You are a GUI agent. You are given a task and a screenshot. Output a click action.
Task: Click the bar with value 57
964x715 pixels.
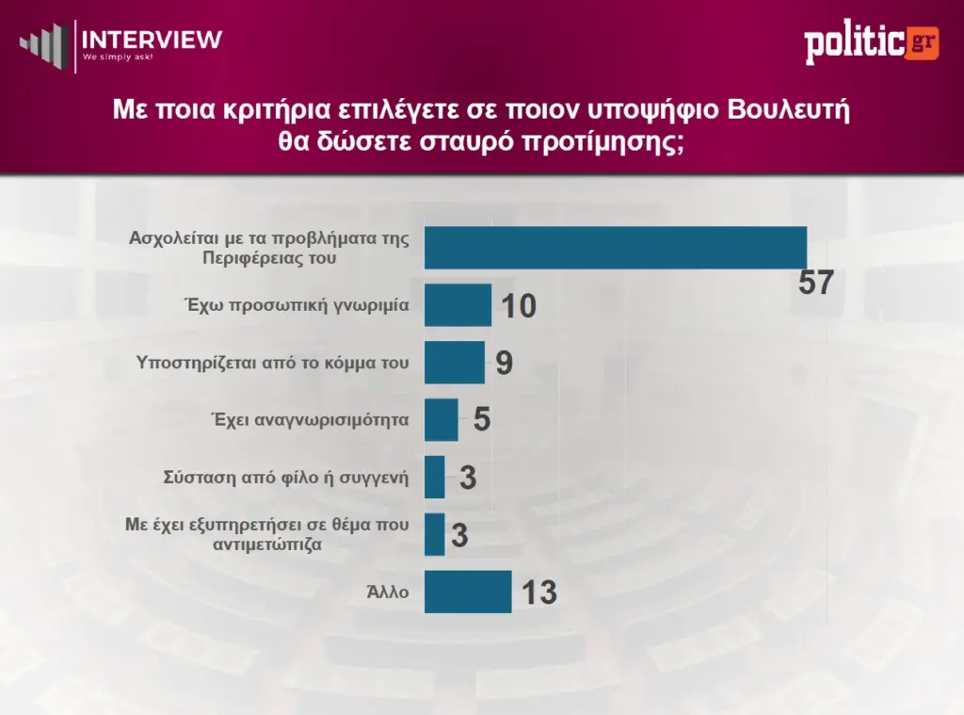(616, 247)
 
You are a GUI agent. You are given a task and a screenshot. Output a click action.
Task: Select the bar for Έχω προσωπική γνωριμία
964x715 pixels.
(458, 305)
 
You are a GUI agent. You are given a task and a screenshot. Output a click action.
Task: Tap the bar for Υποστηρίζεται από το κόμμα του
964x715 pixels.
(455, 363)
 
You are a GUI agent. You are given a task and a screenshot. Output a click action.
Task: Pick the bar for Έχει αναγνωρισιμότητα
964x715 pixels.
(442, 419)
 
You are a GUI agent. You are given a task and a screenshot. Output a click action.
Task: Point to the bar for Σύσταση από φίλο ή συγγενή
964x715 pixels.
(435, 477)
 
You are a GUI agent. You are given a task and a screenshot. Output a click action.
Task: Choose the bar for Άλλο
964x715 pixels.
(468, 592)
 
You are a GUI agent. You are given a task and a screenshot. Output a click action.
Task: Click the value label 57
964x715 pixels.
(816, 283)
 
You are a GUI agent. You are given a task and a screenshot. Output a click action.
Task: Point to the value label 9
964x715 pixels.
(504, 364)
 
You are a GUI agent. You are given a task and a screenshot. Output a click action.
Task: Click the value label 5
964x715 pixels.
(481, 420)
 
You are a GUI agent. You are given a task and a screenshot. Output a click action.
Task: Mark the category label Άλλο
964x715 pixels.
(388, 592)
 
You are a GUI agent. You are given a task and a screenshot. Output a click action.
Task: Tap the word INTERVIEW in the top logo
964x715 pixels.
(153, 40)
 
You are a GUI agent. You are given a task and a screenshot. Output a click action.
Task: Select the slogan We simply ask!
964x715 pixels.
(118, 57)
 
